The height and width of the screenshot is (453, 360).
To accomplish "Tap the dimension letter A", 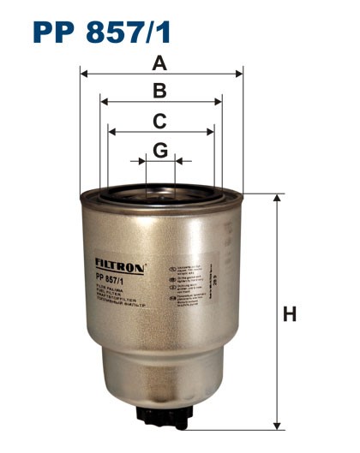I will pyautogui.click(x=159, y=63).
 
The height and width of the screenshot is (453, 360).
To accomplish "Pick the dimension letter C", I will pyautogui.click(x=159, y=122).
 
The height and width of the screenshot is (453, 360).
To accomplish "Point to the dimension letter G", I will pyautogui.click(x=160, y=150).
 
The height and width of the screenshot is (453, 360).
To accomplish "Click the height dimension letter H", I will pyautogui.click(x=290, y=314).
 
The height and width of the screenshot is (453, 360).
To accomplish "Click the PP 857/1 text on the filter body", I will pyautogui.click(x=111, y=277).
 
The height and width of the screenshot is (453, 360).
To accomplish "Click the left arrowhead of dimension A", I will pyautogui.click(x=84, y=74).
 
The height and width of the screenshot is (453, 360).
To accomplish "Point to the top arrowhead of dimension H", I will pyautogui.click(x=276, y=199).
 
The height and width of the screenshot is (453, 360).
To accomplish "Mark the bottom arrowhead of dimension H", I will pyautogui.click(x=276, y=424).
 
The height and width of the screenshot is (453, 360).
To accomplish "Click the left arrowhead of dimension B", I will pyautogui.click(x=105, y=102).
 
